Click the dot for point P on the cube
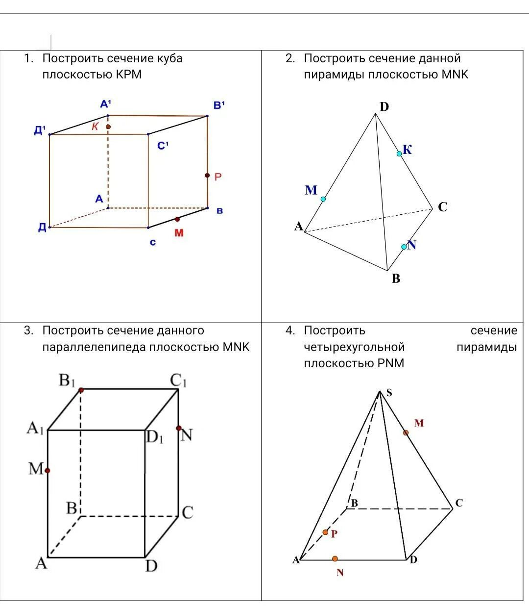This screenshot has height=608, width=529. pyautogui.click(x=207, y=175)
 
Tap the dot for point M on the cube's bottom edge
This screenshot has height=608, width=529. pyautogui.click(x=177, y=219)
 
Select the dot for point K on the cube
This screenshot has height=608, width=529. pyautogui.click(x=108, y=127)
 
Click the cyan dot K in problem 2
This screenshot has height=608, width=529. pyautogui.click(x=399, y=153)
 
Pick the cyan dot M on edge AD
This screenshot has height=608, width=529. pyautogui.click(x=323, y=199)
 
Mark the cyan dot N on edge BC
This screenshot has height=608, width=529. pyautogui.click(x=404, y=247)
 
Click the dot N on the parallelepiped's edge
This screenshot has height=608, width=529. pyautogui.click(x=179, y=428)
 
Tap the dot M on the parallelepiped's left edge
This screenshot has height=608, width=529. pyautogui.click(x=48, y=470)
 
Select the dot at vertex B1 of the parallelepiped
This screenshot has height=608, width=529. pyautogui.click(x=81, y=390)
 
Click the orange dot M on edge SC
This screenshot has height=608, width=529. pyautogui.click(x=406, y=432)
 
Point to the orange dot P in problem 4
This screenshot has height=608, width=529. pyautogui.click(x=325, y=532)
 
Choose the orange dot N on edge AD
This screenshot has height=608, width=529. pyautogui.click(x=335, y=558)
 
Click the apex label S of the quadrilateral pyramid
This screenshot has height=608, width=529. pyautogui.click(x=389, y=392)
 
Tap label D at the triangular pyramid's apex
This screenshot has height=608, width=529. pyautogui.click(x=384, y=107)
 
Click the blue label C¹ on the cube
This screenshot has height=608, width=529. pyautogui.click(x=163, y=146)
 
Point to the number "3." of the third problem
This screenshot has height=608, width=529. pyautogui.click(x=29, y=330)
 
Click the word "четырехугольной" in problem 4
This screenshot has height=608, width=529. pyautogui.click(x=354, y=347)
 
